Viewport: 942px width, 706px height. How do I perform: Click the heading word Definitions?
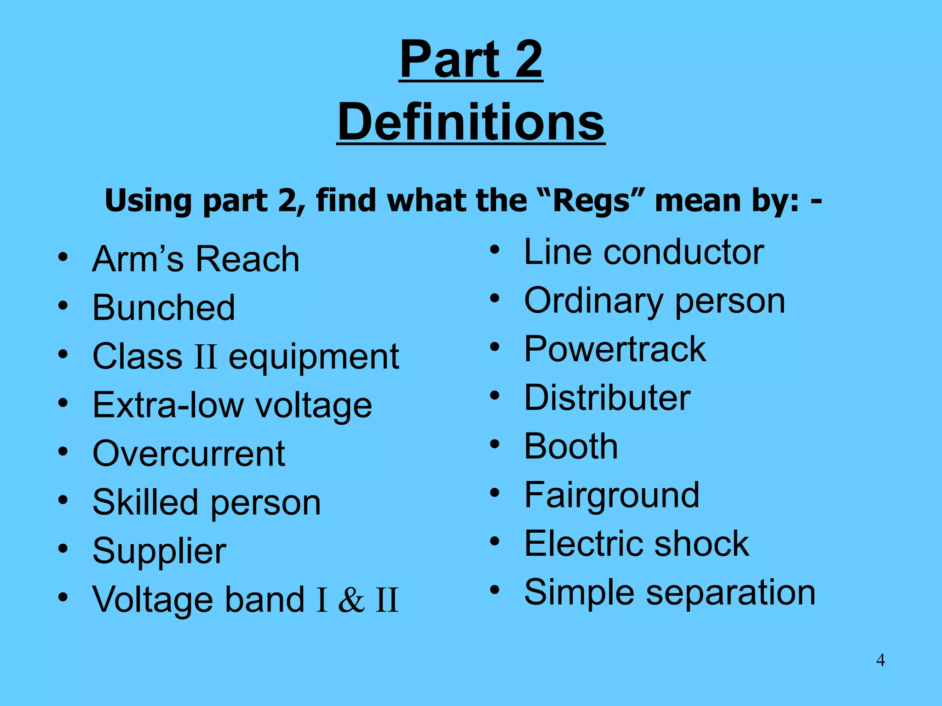click(x=471, y=122)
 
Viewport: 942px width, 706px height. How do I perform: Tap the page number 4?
click(x=880, y=660)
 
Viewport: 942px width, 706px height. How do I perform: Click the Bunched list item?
click(x=164, y=307)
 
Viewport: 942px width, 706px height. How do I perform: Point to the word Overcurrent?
click(x=189, y=454)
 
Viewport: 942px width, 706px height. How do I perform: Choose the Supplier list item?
click(x=159, y=551)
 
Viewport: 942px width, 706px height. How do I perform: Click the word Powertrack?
click(x=615, y=349)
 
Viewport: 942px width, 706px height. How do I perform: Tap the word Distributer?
click(x=607, y=398)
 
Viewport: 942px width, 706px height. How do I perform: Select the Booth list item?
click(x=571, y=446)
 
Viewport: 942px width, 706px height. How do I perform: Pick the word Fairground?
click(x=612, y=495)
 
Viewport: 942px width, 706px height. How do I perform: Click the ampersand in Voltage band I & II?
click(x=351, y=600)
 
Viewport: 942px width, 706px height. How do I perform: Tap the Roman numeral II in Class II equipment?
click(x=205, y=357)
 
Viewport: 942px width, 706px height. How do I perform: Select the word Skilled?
click(x=145, y=502)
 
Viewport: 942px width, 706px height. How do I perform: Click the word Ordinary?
click(x=593, y=301)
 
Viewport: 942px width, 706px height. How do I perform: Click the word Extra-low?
click(x=168, y=405)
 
